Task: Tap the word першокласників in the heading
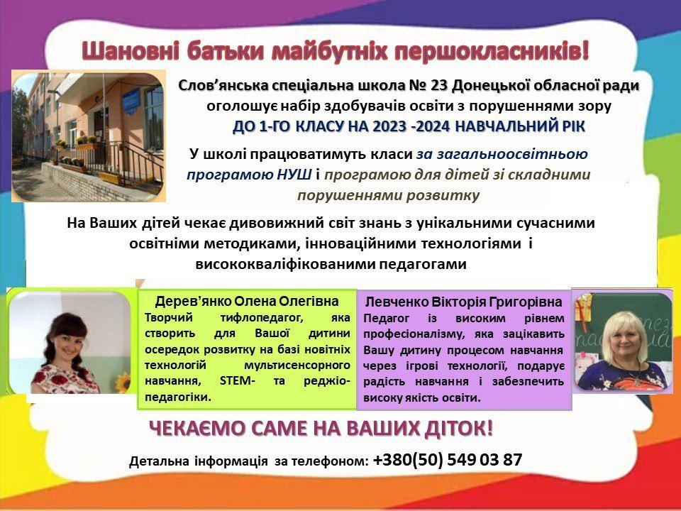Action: pyautogui.click(x=492, y=51)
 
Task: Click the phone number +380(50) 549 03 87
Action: pyautogui.click(x=448, y=460)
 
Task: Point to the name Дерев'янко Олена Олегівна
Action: pyautogui.click(x=247, y=301)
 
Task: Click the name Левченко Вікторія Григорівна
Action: pyautogui.click(x=463, y=302)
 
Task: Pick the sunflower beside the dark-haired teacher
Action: pyautogui.click(x=122, y=383)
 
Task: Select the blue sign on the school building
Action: pyautogui.click(x=131, y=101)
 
